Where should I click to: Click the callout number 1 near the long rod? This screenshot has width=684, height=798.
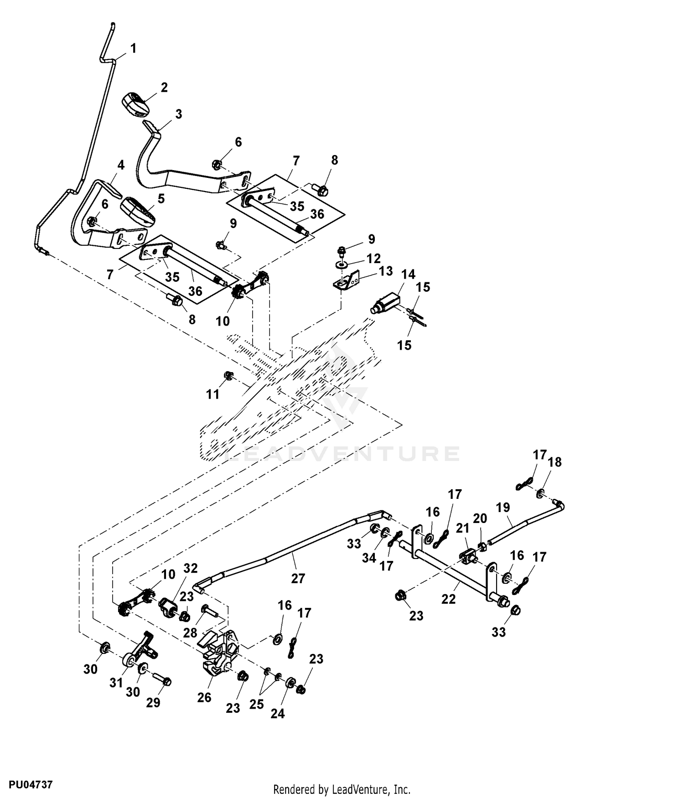[133, 48]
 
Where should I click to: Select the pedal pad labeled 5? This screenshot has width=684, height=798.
[138, 212]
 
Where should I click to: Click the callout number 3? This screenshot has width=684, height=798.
[178, 114]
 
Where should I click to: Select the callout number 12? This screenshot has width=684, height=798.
[373, 259]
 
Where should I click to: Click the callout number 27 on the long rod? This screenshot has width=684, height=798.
[298, 578]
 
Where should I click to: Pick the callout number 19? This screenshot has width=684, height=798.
[503, 507]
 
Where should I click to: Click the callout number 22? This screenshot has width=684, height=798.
[448, 599]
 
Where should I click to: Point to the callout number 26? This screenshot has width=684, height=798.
[204, 697]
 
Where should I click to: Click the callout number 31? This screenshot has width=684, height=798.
[116, 683]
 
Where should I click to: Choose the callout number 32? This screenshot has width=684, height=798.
[191, 568]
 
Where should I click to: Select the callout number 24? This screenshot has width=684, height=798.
[277, 714]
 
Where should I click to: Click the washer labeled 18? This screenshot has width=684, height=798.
[539, 493]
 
